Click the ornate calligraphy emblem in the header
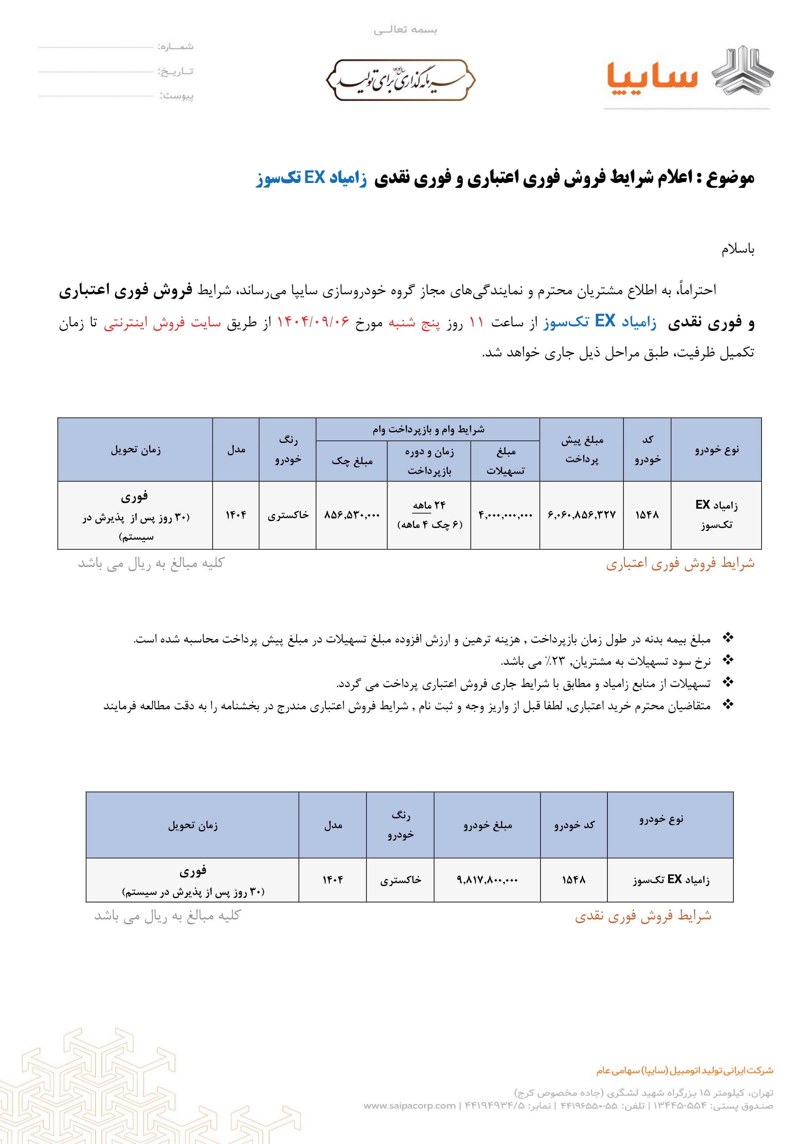401,80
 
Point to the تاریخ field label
176,71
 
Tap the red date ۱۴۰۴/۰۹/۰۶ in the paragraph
313,322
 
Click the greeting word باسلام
737,249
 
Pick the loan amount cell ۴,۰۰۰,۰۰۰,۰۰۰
505,515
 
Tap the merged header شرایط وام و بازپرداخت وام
428,429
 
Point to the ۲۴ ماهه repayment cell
429,505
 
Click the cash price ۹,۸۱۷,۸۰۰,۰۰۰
487,880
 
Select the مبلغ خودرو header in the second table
487,825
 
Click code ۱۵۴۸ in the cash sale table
573,880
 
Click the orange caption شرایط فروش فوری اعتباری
680,564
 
